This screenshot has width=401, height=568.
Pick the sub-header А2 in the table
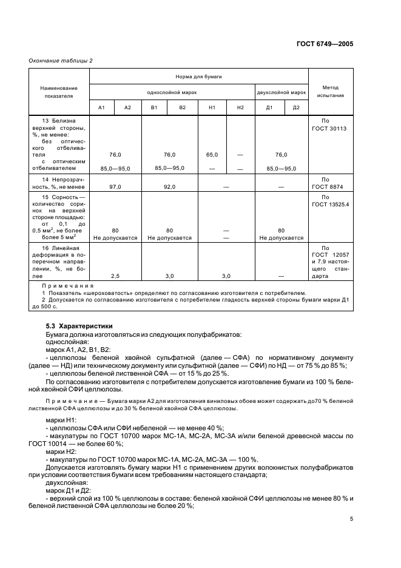point(127,107)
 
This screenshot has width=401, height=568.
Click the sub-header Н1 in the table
point(212,107)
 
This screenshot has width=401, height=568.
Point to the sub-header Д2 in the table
point(296,107)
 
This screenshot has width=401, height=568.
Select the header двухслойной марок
point(281,92)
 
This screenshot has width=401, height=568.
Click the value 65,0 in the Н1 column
point(212,155)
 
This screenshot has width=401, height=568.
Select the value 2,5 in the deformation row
point(115,276)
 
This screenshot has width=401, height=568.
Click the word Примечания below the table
point(68,285)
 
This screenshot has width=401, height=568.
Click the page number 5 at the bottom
point(351,519)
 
